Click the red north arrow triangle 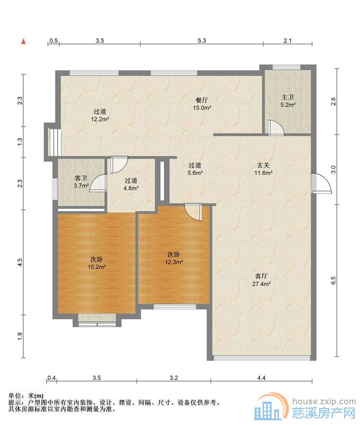[24, 41]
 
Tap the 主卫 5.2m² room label [287, 101]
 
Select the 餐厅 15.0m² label [202, 104]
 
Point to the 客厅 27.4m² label [262, 280]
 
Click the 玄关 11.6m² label [263, 169]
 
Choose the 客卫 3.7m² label [81, 182]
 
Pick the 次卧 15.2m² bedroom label [96, 263]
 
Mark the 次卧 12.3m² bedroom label [174, 258]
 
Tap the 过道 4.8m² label [131, 184]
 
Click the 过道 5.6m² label [195, 169]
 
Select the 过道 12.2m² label [100, 115]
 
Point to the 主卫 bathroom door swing [276, 128]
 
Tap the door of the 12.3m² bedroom [193, 212]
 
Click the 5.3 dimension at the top [202, 41]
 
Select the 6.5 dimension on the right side [333, 280]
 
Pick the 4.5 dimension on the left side [20, 262]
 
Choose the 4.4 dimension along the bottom [262, 377]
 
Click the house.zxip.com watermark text [324, 402]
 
